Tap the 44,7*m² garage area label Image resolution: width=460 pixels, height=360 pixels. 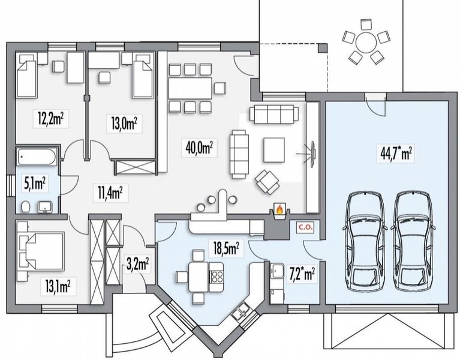(396, 153)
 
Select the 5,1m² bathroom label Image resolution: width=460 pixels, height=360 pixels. (35, 184)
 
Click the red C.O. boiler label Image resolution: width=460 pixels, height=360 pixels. (306, 227)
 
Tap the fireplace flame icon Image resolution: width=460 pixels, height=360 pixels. (279, 209)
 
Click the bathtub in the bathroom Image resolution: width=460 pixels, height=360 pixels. (37, 157)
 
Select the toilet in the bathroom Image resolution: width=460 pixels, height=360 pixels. (26, 206)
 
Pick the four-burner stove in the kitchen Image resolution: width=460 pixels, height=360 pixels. (217, 277)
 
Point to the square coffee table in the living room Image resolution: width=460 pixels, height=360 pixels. (273, 149)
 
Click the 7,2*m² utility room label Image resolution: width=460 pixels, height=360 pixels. (302, 275)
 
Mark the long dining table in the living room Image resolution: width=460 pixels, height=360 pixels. (190, 89)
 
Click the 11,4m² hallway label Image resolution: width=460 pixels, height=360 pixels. (110, 193)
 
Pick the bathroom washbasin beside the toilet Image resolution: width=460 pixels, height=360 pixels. (45, 206)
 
